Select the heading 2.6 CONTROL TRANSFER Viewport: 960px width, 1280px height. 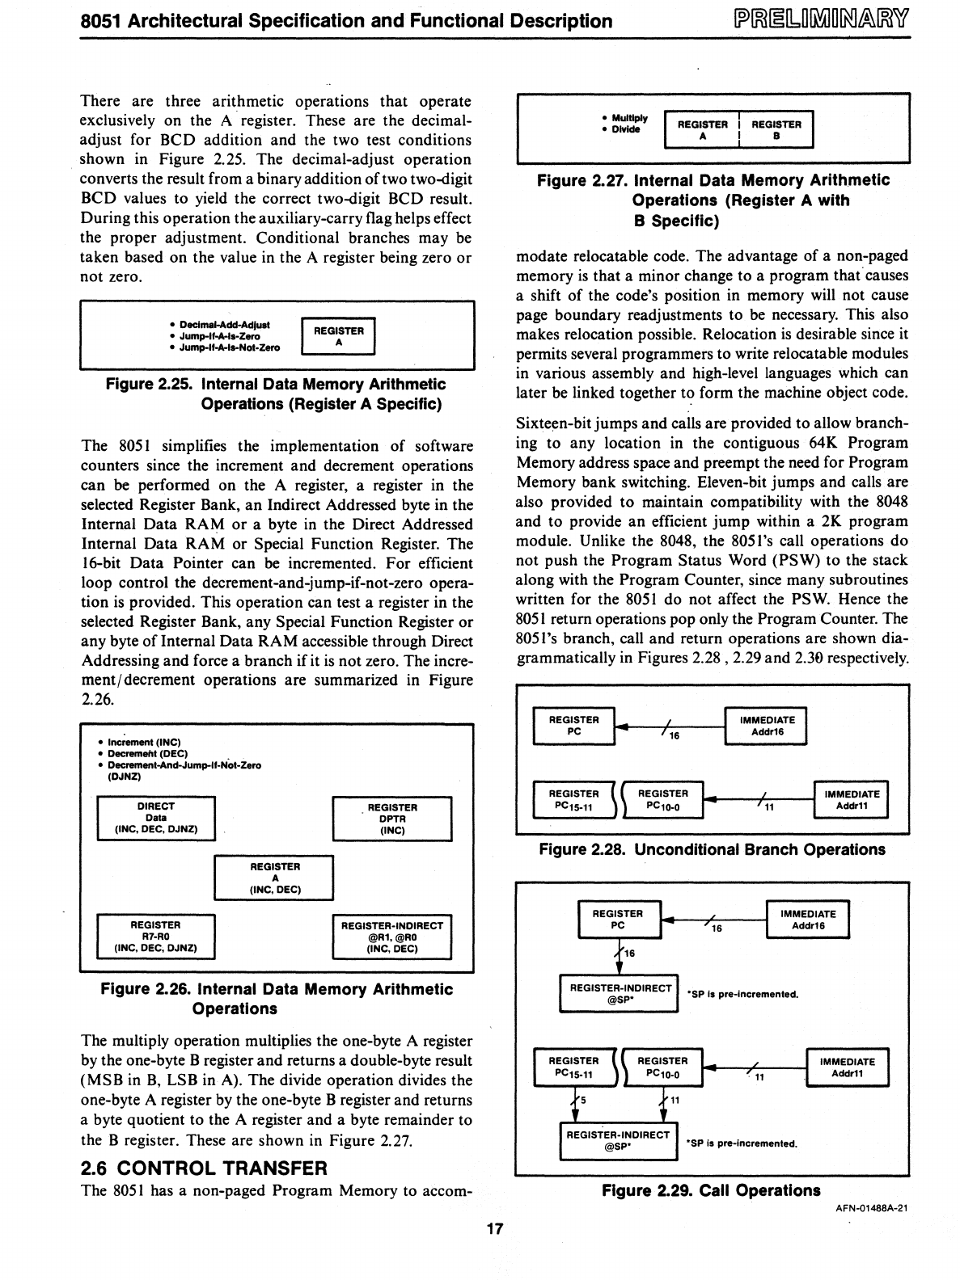(205, 1168)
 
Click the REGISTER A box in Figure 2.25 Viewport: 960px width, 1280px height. (338, 336)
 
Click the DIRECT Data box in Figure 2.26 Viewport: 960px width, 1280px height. (156, 818)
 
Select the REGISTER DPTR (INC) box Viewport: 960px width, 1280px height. (392, 819)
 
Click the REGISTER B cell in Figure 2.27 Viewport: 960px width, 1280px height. (776, 130)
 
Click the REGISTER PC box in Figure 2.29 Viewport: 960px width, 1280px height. (619, 920)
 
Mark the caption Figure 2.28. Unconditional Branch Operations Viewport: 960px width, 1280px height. (713, 850)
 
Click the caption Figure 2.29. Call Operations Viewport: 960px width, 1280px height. (712, 1190)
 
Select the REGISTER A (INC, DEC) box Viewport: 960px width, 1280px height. (274, 878)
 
